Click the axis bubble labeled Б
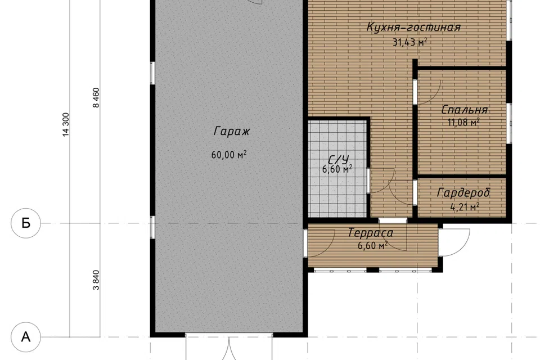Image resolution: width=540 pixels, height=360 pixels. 26,223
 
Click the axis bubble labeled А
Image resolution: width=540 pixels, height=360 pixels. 26,337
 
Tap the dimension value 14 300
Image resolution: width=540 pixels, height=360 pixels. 66,124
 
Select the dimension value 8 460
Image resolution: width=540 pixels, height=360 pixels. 96,98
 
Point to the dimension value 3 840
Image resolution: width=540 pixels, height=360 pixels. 96,280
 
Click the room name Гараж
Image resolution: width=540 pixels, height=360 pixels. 231,131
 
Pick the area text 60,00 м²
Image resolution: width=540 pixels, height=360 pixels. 229,155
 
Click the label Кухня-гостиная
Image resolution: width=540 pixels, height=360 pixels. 413,27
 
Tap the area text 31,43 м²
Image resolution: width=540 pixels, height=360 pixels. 410,42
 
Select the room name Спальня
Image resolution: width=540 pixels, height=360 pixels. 465,110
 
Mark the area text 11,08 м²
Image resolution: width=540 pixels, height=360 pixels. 463,122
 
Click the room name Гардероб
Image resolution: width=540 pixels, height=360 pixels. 463,192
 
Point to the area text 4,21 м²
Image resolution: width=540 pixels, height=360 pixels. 465,207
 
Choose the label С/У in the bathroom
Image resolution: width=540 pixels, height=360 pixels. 339,160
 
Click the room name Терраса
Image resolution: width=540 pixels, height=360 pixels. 370,232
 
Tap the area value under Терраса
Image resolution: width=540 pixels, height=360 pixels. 372,246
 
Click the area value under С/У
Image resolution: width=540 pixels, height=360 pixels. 337,169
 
